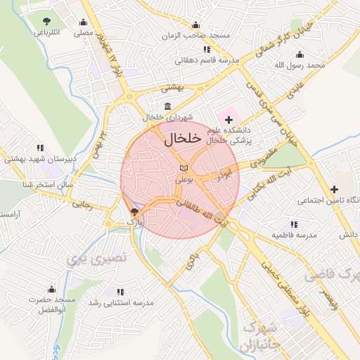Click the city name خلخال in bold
point(179,140)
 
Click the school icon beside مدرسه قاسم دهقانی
point(206,49)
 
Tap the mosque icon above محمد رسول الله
point(300,54)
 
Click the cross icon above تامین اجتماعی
point(334,188)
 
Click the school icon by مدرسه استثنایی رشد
point(120,291)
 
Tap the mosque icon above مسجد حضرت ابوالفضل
point(51,289)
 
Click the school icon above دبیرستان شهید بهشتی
point(40,148)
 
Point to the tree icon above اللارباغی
point(46,21)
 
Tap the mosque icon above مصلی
point(84,21)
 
